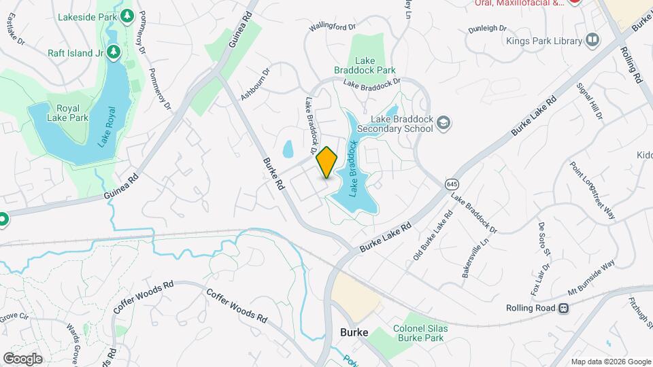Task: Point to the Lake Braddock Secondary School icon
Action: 443,123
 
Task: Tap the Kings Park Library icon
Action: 592,40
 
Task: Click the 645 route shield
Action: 452,184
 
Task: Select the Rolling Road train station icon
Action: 563,308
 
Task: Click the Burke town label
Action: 354,332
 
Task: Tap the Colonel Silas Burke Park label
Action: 419,332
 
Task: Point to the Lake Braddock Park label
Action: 365,65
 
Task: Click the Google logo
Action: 22,358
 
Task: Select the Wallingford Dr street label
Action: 333,27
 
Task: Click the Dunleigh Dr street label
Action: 488,29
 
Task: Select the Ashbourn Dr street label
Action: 255,84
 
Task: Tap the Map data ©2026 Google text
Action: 610,362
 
